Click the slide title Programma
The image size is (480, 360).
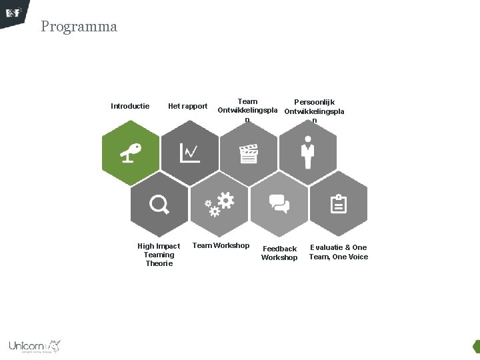point(79,27)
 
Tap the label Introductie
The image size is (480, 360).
point(130,106)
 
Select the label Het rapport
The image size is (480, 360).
point(187,106)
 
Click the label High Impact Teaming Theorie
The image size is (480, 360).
point(159,255)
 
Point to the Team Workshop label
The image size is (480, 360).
point(221,245)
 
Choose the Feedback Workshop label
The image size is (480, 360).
point(279,253)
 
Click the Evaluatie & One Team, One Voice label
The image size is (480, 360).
point(338,252)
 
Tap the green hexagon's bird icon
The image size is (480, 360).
point(131,153)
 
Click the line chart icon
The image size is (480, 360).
point(190,153)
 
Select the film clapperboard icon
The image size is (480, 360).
point(249,153)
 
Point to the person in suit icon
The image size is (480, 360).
point(307,153)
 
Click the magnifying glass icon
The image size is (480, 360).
point(159,204)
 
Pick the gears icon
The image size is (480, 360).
point(219,203)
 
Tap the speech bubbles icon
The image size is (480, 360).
point(279,203)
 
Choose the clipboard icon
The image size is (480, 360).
point(339,203)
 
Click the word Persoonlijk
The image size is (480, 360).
point(314,102)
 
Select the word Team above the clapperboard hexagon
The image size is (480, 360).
point(247,101)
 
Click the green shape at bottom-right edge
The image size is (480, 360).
point(476,346)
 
